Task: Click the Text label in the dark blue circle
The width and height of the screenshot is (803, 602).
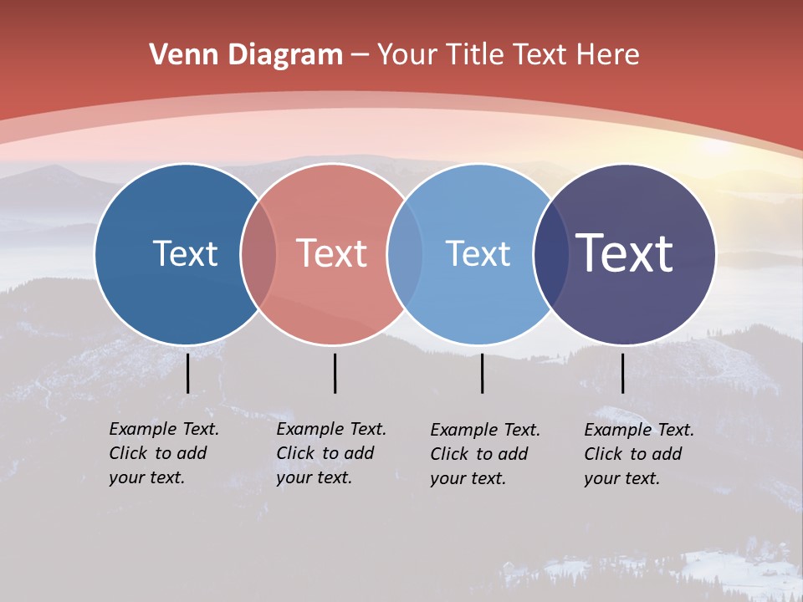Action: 185,253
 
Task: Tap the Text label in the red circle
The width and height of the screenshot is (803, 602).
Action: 332,253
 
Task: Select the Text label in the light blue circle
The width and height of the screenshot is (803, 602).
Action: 478,253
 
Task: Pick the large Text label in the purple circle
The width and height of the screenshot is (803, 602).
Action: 625,253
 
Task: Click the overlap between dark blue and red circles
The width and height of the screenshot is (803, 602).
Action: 258,253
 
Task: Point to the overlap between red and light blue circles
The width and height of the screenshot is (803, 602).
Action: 405,253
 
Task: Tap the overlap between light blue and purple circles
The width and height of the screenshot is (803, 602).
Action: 551,253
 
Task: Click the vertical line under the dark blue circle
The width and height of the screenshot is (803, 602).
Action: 188,373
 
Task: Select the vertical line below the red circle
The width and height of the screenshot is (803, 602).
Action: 335,373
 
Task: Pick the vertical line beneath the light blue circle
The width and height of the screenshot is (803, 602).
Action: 482,373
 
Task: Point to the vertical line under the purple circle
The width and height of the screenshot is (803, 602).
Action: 622,373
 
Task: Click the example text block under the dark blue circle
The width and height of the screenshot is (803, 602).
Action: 164,453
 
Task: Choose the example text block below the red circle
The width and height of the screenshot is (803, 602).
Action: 331,453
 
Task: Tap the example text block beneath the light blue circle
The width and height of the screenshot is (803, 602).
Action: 485,454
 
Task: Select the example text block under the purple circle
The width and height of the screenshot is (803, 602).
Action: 639,454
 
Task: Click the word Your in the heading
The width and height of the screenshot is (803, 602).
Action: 407,55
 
